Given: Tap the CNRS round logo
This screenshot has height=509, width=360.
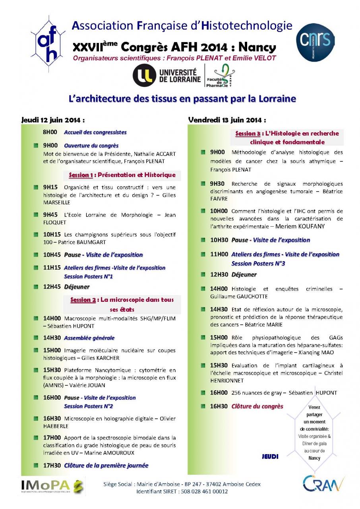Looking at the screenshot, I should (x=315, y=41).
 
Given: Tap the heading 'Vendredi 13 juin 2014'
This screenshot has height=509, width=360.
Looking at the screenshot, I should (x=227, y=120).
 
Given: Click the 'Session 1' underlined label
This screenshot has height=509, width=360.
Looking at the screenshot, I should (x=81, y=175).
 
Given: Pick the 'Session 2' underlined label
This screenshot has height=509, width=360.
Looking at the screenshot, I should (x=83, y=300).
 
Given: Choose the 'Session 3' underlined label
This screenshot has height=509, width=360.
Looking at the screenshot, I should (x=248, y=134).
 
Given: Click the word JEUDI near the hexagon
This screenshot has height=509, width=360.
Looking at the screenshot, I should (x=270, y=457).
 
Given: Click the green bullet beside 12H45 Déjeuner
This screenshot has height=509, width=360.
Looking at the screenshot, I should (x=36, y=287).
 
